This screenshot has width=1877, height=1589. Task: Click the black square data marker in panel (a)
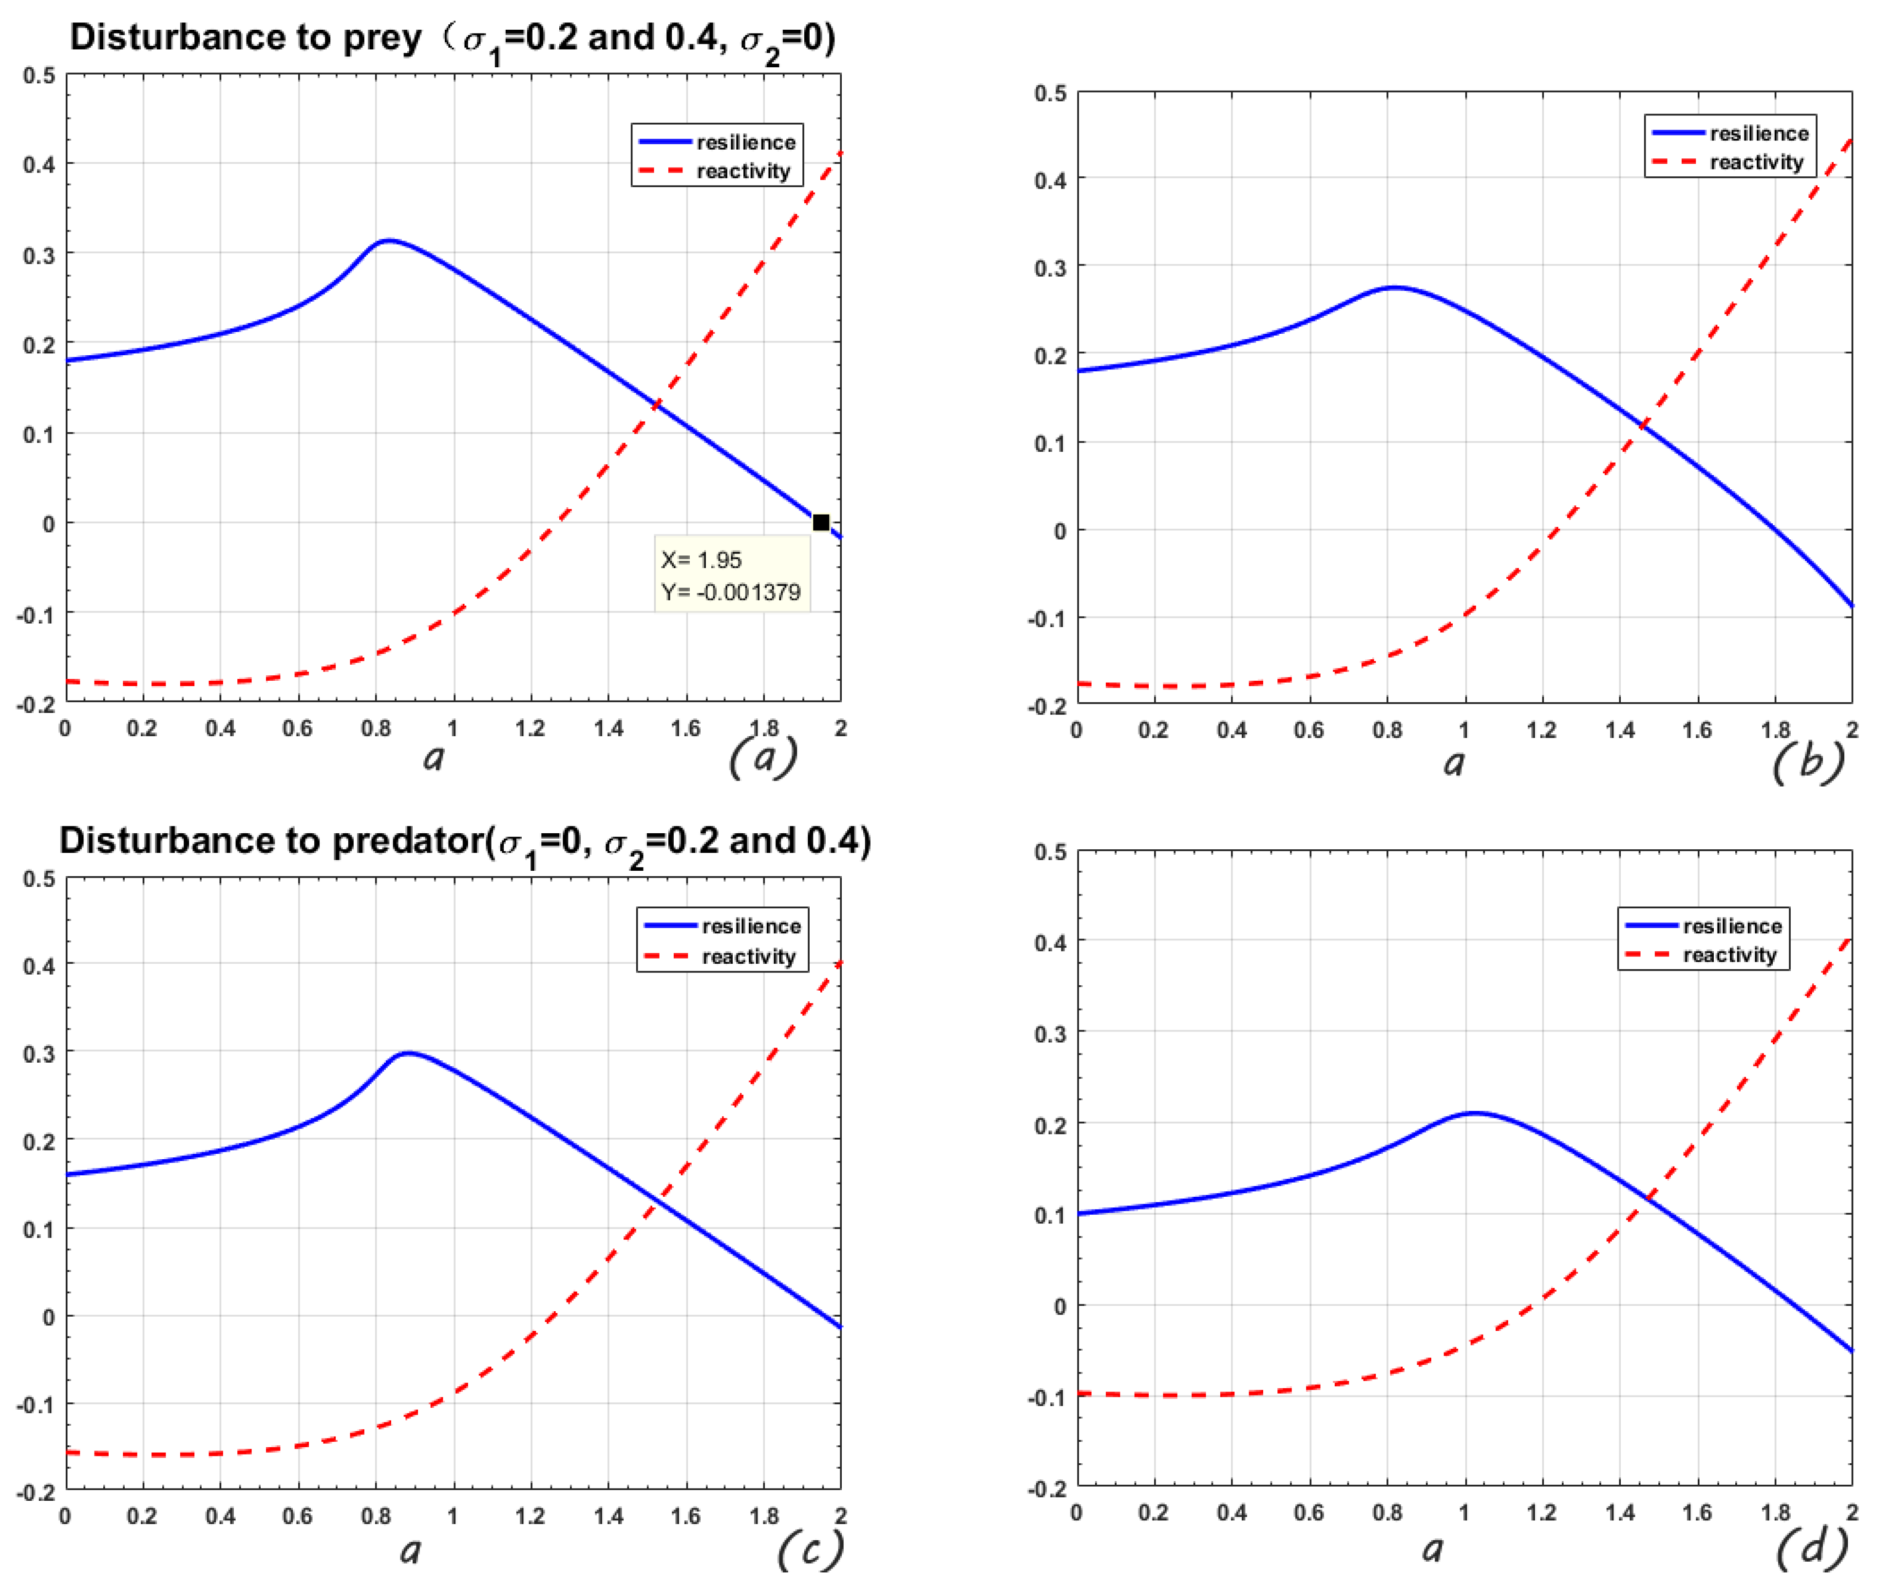(x=820, y=522)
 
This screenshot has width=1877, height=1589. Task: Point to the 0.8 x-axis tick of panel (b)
(x=1387, y=729)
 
